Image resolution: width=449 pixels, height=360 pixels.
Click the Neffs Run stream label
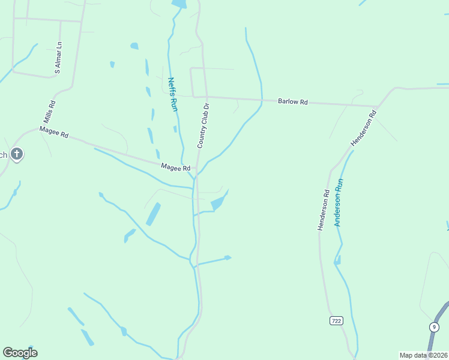coord(173,95)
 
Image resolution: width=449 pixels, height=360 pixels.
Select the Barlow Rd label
coord(293,102)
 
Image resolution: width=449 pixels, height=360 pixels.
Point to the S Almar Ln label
coord(58,58)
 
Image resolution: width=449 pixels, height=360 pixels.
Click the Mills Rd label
coord(52,112)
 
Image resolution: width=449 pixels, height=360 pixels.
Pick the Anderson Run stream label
coord(339,203)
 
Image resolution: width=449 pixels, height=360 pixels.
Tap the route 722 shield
coord(336,321)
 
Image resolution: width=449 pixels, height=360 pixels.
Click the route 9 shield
coord(433,327)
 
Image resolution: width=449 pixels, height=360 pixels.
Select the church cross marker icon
coord(17,155)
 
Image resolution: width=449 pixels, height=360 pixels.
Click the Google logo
coord(20,353)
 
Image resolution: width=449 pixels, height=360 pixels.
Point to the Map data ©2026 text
coord(423,355)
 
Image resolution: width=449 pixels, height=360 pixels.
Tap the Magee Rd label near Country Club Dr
coord(175,168)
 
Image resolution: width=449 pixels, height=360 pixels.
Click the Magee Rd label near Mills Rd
coord(54,132)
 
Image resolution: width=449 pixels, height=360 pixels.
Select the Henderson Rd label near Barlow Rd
coord(363,128)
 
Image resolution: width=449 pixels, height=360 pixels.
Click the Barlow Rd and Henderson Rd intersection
coord(376,107)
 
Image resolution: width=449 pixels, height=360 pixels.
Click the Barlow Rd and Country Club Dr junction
coord(206,97)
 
